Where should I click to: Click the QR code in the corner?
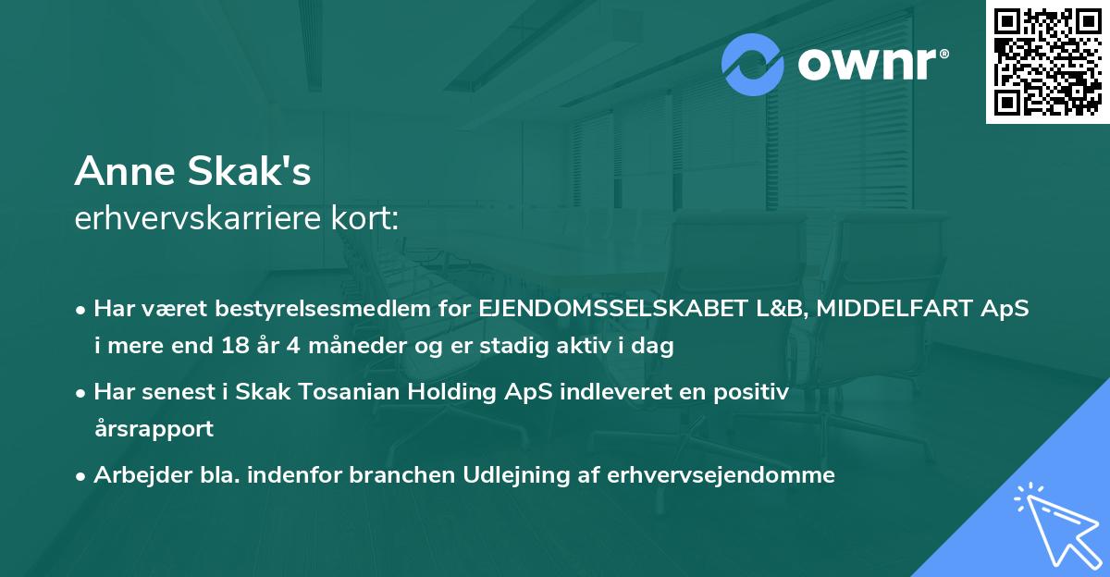(x=1047, y=61)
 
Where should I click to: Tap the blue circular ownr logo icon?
(x=753, y=64)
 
